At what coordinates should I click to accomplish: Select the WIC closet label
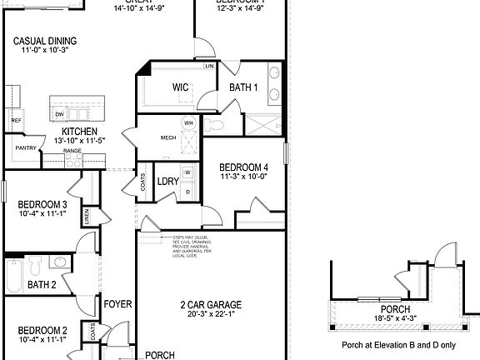(182, 87)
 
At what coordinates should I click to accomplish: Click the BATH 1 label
(242, 87)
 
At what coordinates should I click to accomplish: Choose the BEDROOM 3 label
(42, 205)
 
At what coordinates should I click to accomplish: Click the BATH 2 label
(42, 285)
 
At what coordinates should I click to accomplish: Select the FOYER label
(117, 305)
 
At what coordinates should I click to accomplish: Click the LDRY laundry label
(168, 182)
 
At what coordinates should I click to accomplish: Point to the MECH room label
(168, 138)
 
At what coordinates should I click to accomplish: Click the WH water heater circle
(188, 123)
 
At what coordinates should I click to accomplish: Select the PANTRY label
(24, 148)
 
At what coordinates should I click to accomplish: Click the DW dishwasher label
(59, 114)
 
